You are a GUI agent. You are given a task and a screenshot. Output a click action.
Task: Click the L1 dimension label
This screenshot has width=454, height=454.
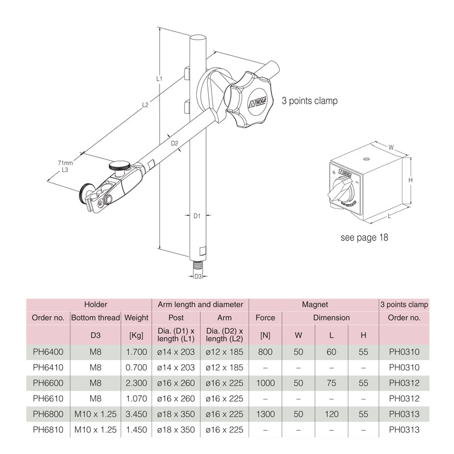point(159,78)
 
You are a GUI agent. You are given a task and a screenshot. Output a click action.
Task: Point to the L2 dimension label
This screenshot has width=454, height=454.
point(145,105)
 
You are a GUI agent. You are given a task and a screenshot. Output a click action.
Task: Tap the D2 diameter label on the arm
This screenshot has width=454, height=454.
point(174,143)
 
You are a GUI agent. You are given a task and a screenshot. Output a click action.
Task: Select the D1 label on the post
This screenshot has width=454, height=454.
point(197,216)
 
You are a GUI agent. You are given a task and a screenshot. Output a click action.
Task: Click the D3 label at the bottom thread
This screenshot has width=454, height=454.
point(197,276)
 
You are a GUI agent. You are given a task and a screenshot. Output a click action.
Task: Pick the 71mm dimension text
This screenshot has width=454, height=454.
point(65,163)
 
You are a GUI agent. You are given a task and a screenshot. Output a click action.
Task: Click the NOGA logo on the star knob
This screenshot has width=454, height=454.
point(258,102)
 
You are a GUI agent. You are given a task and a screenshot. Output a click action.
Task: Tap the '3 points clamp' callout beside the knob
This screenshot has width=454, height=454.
point(309,101)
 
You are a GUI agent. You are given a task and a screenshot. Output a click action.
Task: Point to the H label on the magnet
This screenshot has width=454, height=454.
point(410,180)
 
